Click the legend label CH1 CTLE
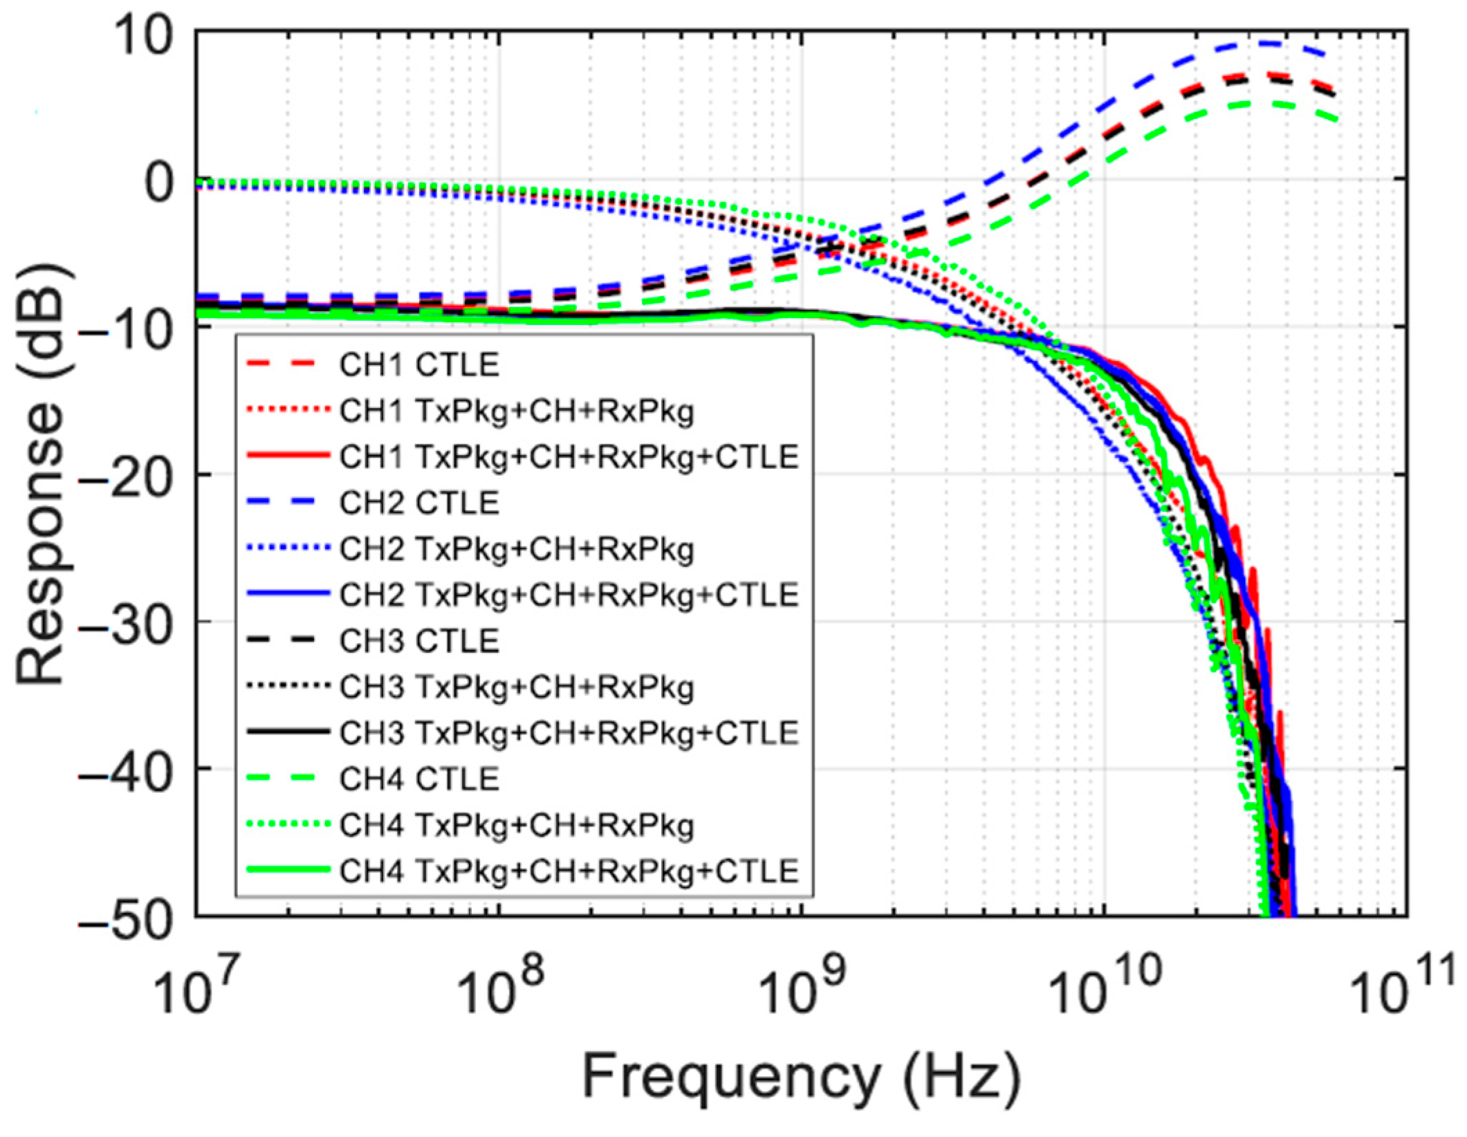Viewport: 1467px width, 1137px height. point(418,365)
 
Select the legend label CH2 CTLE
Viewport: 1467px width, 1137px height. point(418,503)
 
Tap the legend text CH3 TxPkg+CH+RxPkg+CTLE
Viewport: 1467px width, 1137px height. point(569,733)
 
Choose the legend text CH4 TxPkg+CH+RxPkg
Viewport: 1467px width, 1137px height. point(516,825)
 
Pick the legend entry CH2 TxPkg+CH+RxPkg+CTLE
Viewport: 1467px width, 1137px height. point(569,595)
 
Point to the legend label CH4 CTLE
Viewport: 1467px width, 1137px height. point(418,779)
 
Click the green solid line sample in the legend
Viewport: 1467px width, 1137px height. point(286,871)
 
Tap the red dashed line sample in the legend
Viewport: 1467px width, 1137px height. point(286,364)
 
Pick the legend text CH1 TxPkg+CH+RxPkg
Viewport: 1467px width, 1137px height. point(516,411)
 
